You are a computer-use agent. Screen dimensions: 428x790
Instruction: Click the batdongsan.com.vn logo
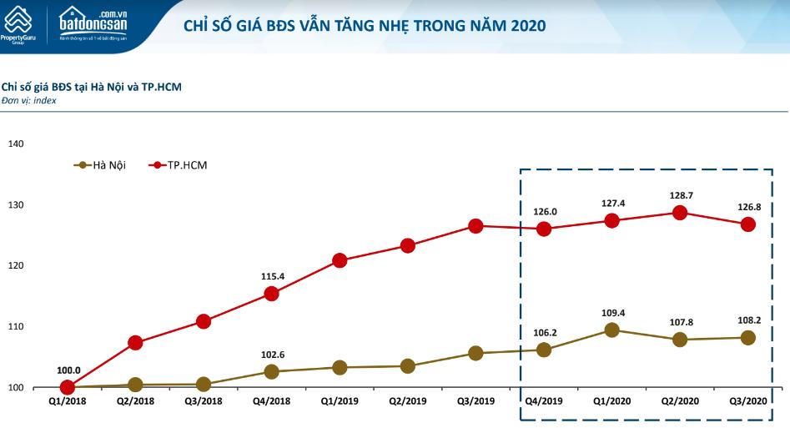point(93,24)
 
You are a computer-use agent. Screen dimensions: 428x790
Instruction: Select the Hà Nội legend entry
point(99,165)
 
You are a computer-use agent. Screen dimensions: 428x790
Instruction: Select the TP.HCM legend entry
point(178,165)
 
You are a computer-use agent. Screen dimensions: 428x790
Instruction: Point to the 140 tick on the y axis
point(16,144)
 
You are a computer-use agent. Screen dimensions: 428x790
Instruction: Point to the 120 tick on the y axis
point(16,266)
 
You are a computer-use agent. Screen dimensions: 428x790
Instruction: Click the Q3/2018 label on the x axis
point(203,401)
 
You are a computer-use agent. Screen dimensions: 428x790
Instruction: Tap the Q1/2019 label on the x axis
point(340,401)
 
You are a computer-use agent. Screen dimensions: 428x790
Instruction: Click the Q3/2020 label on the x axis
point(747,401)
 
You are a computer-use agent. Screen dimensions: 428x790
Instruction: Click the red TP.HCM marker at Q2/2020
point(680,213)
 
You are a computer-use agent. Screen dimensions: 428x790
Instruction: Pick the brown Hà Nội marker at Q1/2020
point(611,330)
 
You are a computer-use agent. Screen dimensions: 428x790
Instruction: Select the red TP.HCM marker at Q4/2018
point(271,294)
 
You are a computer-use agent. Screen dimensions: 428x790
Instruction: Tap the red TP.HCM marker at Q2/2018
point(135,343)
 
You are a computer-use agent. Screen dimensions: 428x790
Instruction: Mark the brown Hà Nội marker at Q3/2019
point(476,353)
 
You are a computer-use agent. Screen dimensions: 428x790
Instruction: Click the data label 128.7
point(680,195)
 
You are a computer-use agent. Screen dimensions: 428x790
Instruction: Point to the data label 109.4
point(611,313)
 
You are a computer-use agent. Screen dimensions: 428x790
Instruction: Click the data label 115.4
point(271,275)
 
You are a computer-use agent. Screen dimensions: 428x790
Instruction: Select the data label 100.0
point(68,370)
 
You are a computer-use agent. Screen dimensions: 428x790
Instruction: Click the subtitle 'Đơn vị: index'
point(29,100)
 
